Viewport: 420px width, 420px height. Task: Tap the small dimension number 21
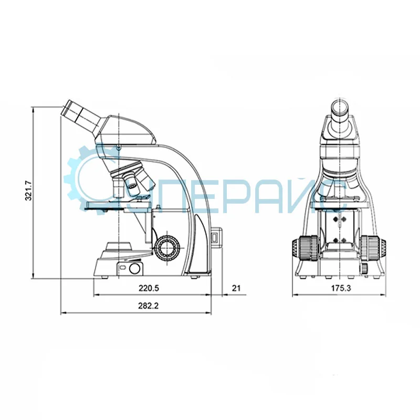(x=236, y=288)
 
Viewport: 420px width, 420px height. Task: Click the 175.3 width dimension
(x=341, y=288)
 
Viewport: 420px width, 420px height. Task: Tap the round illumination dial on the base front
(x=135, y=269)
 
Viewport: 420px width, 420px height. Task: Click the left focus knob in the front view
(x=305, y=247)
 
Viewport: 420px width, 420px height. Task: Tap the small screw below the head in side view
(x=119, y=148)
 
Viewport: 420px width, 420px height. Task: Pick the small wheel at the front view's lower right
(x=363, y=268)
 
